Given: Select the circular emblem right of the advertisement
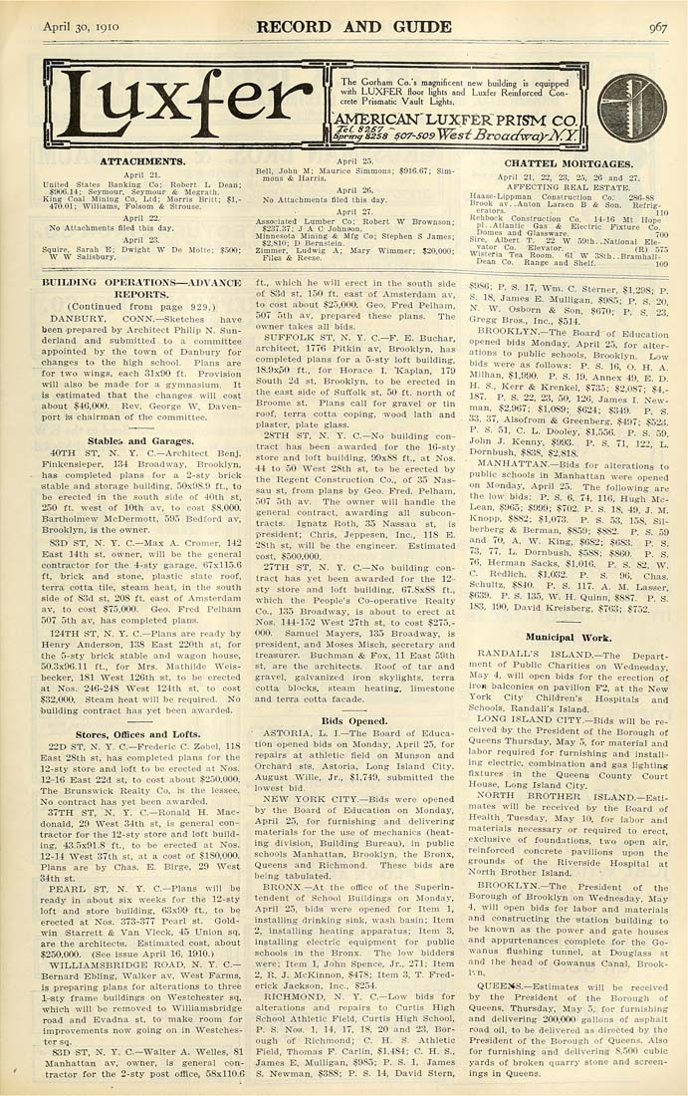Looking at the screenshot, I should pyautogui.click(x=626, y=103).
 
